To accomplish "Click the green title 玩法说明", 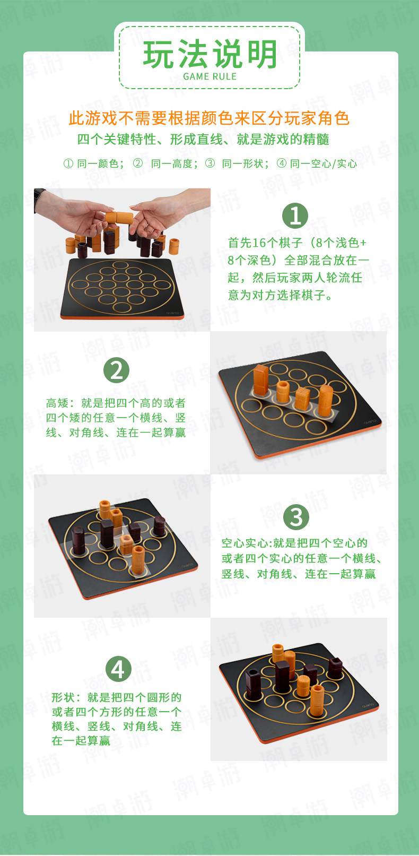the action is (x=210, y=54).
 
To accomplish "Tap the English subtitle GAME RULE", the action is (x=210, y=76).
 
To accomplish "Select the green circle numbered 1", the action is (x=295, y=215).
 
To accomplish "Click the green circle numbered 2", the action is (x=117, y=370).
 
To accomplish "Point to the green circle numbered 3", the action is (x=296, y=517).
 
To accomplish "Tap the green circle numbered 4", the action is (x=118, y=669).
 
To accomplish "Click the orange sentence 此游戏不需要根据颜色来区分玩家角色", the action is (x=210, y=118).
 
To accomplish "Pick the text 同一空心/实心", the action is (x=324, y=164).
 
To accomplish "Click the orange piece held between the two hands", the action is (x=119, y=218).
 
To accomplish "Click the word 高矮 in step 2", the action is (x=57, y=403).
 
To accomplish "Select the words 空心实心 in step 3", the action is (x=245, y=543).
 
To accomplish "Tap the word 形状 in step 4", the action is (x=64, y=697).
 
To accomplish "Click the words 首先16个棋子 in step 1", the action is (x=266, y=243).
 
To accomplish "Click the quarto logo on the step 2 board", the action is (x=370, y=421).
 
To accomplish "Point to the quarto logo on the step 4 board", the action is (x=369, y=705).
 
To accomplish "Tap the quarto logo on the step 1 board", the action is (x=173, y=312).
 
